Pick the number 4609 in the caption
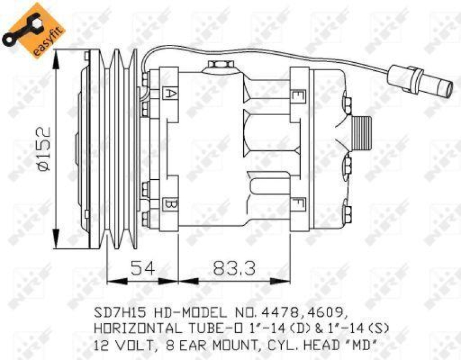click(326, 313)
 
